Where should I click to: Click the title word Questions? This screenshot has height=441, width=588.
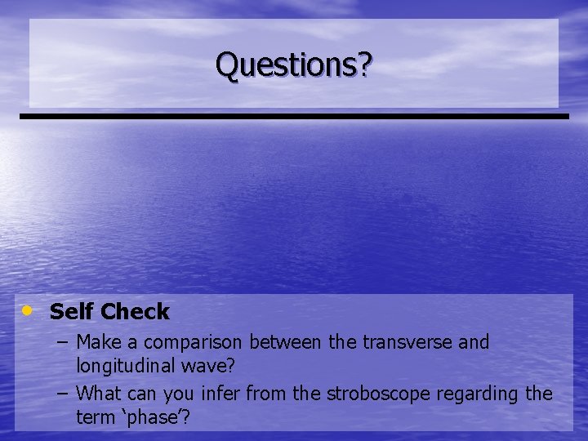pyautogui.click(x=293, y=65)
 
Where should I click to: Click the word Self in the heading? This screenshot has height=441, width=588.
pyautogui.click(x=71, y=311)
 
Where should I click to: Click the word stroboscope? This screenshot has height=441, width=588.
pyautogui.click(x=377, y=394)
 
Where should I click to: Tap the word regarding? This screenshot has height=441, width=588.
pyautogui.click(x=478, y=394)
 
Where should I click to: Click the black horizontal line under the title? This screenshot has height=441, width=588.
pyautogui.click(x=294, y=117)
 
